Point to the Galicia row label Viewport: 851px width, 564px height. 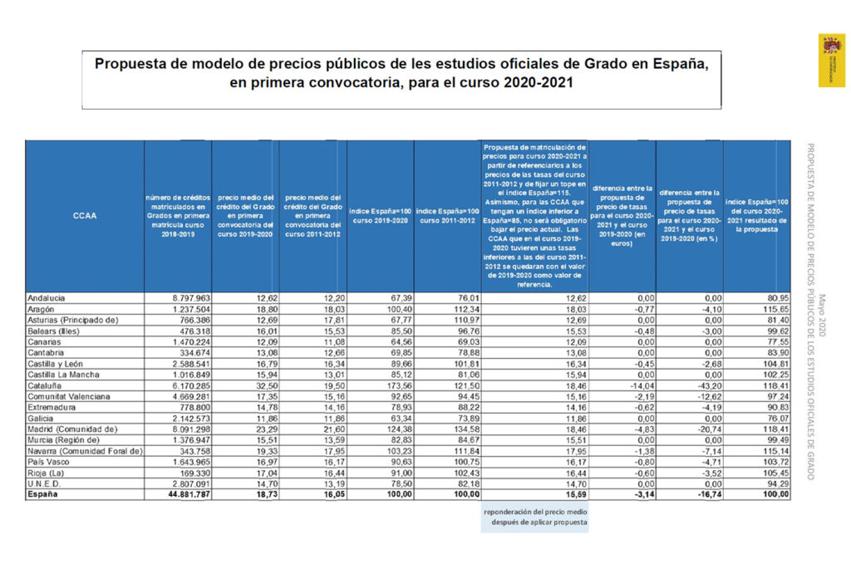[42, 418]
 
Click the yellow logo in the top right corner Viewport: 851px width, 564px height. [831, 61]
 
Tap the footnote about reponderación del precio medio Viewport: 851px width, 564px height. [535, 517]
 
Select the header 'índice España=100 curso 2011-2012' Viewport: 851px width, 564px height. [447, 216]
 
